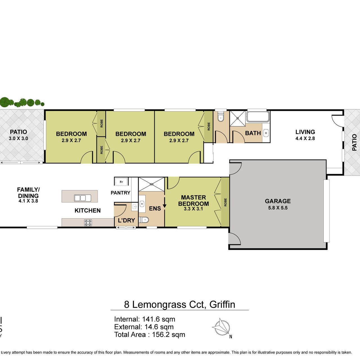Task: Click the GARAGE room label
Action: click(278, 201)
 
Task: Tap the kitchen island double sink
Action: click(83, 198)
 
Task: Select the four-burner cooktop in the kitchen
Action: click(88, 223)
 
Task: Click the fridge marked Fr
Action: click(121, 182)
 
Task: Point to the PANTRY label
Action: click(120, 193)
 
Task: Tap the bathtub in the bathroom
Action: click(258, 117)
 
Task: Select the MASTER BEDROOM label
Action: click(193, 201)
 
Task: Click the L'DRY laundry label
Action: click(127, 220)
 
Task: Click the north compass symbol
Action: click(222, 328)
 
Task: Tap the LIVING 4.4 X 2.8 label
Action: click(305, 135)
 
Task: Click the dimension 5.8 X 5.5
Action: click(278, 208)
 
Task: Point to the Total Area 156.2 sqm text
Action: click(149, 335)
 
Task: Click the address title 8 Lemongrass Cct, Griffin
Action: click(179, 305)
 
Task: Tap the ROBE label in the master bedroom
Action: click(225, 202)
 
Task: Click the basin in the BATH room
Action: click(266, 133)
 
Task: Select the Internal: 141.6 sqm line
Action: click(145, 319)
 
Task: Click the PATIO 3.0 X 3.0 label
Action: click(18, 135)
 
